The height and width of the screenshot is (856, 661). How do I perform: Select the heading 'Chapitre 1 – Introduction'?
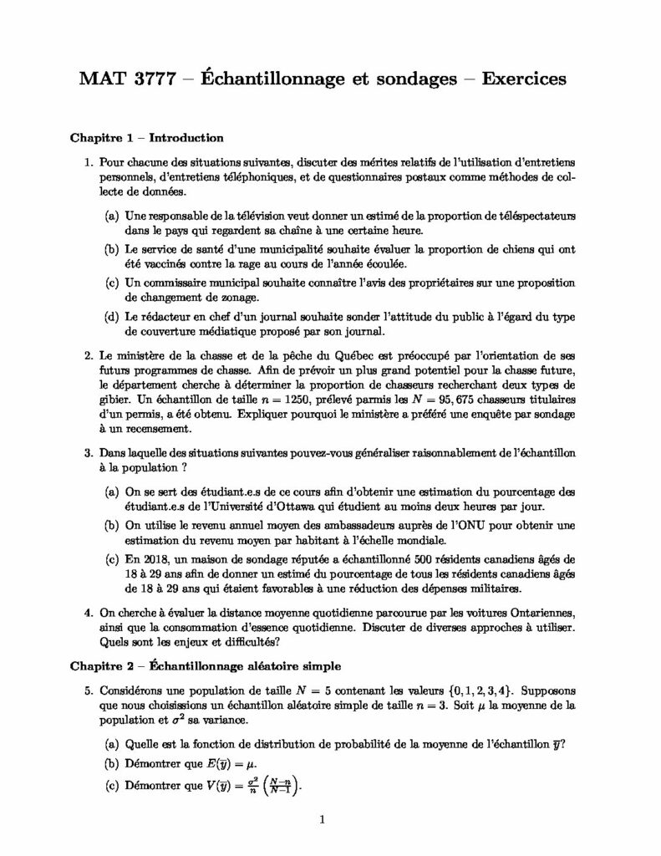point(145,138)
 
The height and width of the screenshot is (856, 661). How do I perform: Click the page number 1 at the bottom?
point(322,821)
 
